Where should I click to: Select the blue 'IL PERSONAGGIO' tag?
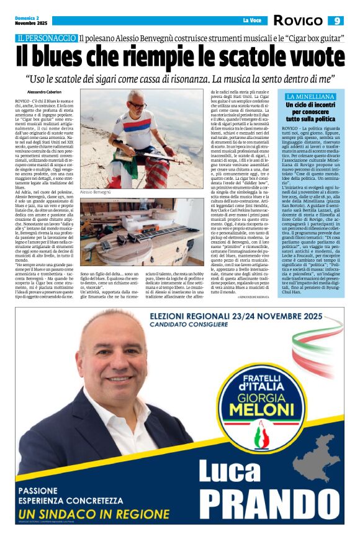47,38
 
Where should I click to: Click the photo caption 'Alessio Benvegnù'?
98,193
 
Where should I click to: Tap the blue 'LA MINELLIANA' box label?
310,97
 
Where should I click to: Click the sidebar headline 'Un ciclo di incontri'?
310,107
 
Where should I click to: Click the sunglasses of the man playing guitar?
136,105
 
